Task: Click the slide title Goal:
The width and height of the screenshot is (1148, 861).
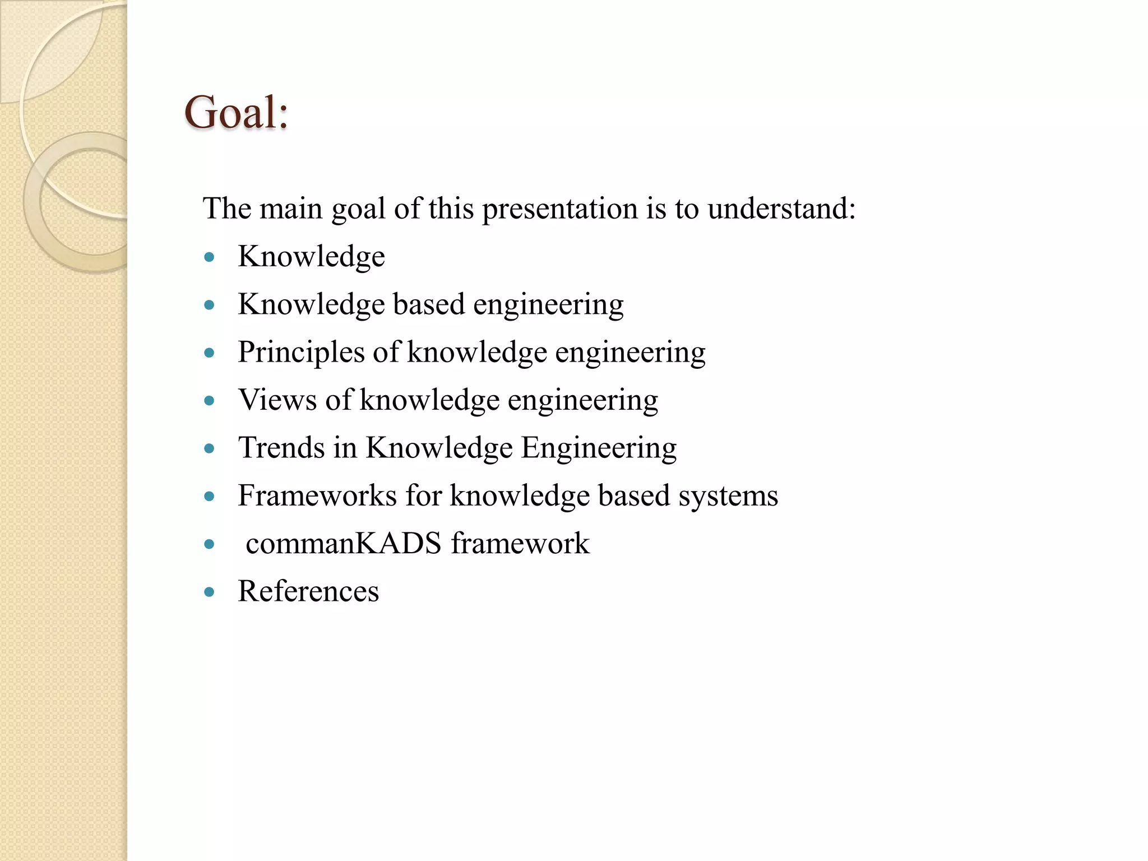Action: pos(236,113)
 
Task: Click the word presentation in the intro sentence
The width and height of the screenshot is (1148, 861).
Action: pos(559,209)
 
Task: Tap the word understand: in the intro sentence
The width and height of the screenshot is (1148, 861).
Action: pos(781,209)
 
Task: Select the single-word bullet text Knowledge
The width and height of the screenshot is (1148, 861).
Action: pos(311,257)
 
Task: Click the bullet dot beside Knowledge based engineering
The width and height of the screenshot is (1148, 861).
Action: pos(210,305)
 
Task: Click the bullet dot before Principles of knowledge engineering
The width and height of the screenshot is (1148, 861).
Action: pos(210,353)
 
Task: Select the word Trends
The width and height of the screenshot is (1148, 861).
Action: pos(281,448)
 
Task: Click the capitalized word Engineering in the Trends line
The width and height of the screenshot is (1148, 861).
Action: pos(599,448)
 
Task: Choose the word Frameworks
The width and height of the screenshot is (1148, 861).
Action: pos(317,496)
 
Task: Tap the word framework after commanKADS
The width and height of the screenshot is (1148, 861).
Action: pos(520,544)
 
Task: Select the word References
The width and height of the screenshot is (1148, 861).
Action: pos(308,591)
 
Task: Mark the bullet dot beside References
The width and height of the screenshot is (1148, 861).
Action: pos(210,592)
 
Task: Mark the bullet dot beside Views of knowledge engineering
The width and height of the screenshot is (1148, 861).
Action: pos(210,401)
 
